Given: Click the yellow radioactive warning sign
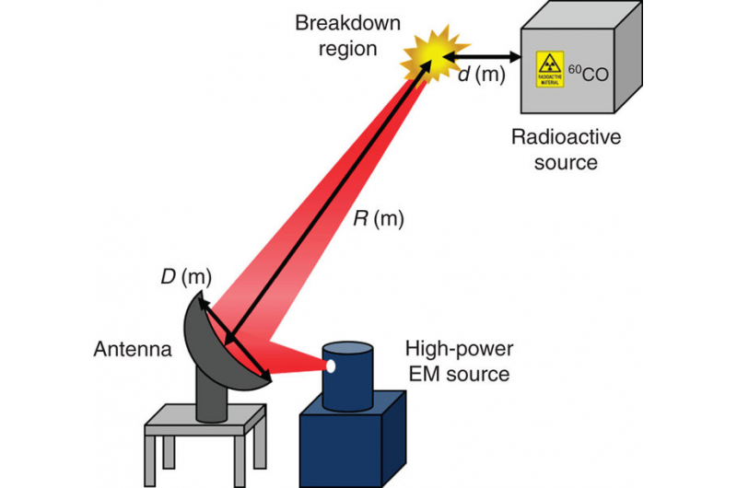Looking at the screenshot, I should [x=550, y=69].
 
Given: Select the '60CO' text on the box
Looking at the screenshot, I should [x=585, y=70].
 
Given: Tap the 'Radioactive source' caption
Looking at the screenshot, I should [x=554, y=149].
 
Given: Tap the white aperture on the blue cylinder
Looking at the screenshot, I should [x=329, y=366].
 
